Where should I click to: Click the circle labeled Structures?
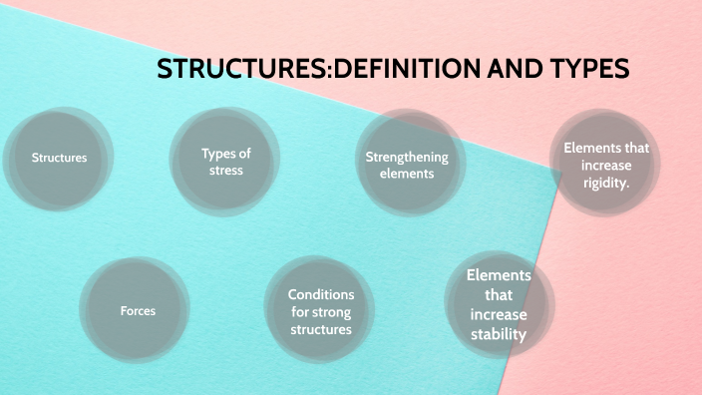pyautogui.click(x=59, y=158)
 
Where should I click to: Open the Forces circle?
pyautogui.click(x=138, y=310)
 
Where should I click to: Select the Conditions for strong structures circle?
pyautogui.click(x=321, y=311)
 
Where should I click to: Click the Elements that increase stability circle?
pyautogui.click(x=499, y=305)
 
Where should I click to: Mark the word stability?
pyautogui.click(x=499, y=334)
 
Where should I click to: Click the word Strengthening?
pyautogui.click(x=407, y=157)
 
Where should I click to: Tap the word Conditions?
pyautogui.click(x=321, y=294)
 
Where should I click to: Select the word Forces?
pyautogui.click(x=138, y=310)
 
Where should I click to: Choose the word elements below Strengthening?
pyautogui.click(x=407, y=174)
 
